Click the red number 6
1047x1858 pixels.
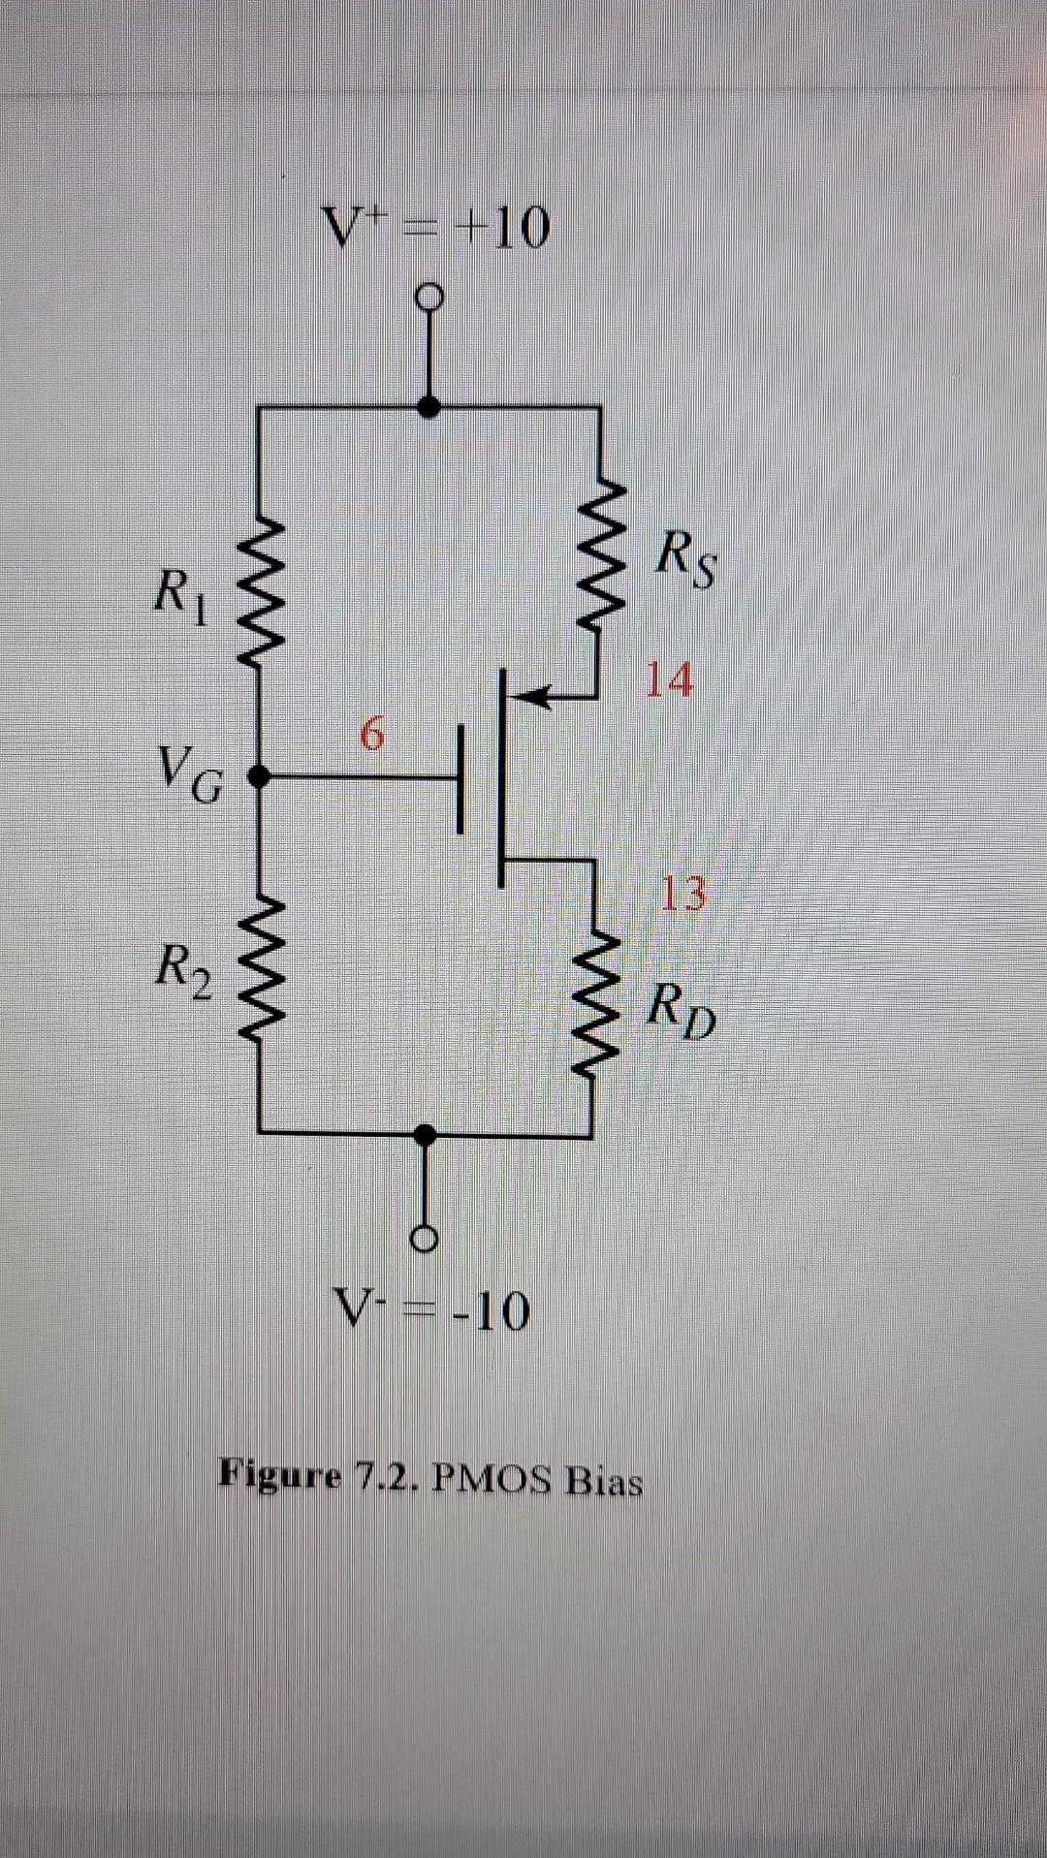click(x=371, y=733)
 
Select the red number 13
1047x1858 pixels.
click(x=683, y=893)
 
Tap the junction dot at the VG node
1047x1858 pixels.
click(x=259, y=776)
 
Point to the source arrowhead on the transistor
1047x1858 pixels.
click(x=533, y=695)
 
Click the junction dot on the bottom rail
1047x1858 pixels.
click(x=425, y=1131)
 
